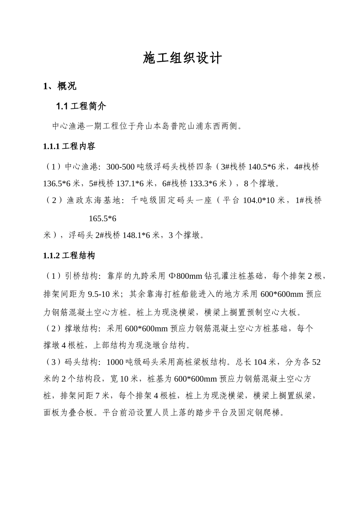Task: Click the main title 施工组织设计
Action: pos(182,58)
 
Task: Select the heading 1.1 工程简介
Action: pos(81,106)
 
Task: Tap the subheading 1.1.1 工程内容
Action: pos(69,147)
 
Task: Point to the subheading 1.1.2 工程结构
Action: pos(69,256)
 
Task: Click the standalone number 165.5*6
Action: pos(102,219)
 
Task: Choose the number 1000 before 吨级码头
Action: pos(115,362)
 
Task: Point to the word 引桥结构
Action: pos(81,276)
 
